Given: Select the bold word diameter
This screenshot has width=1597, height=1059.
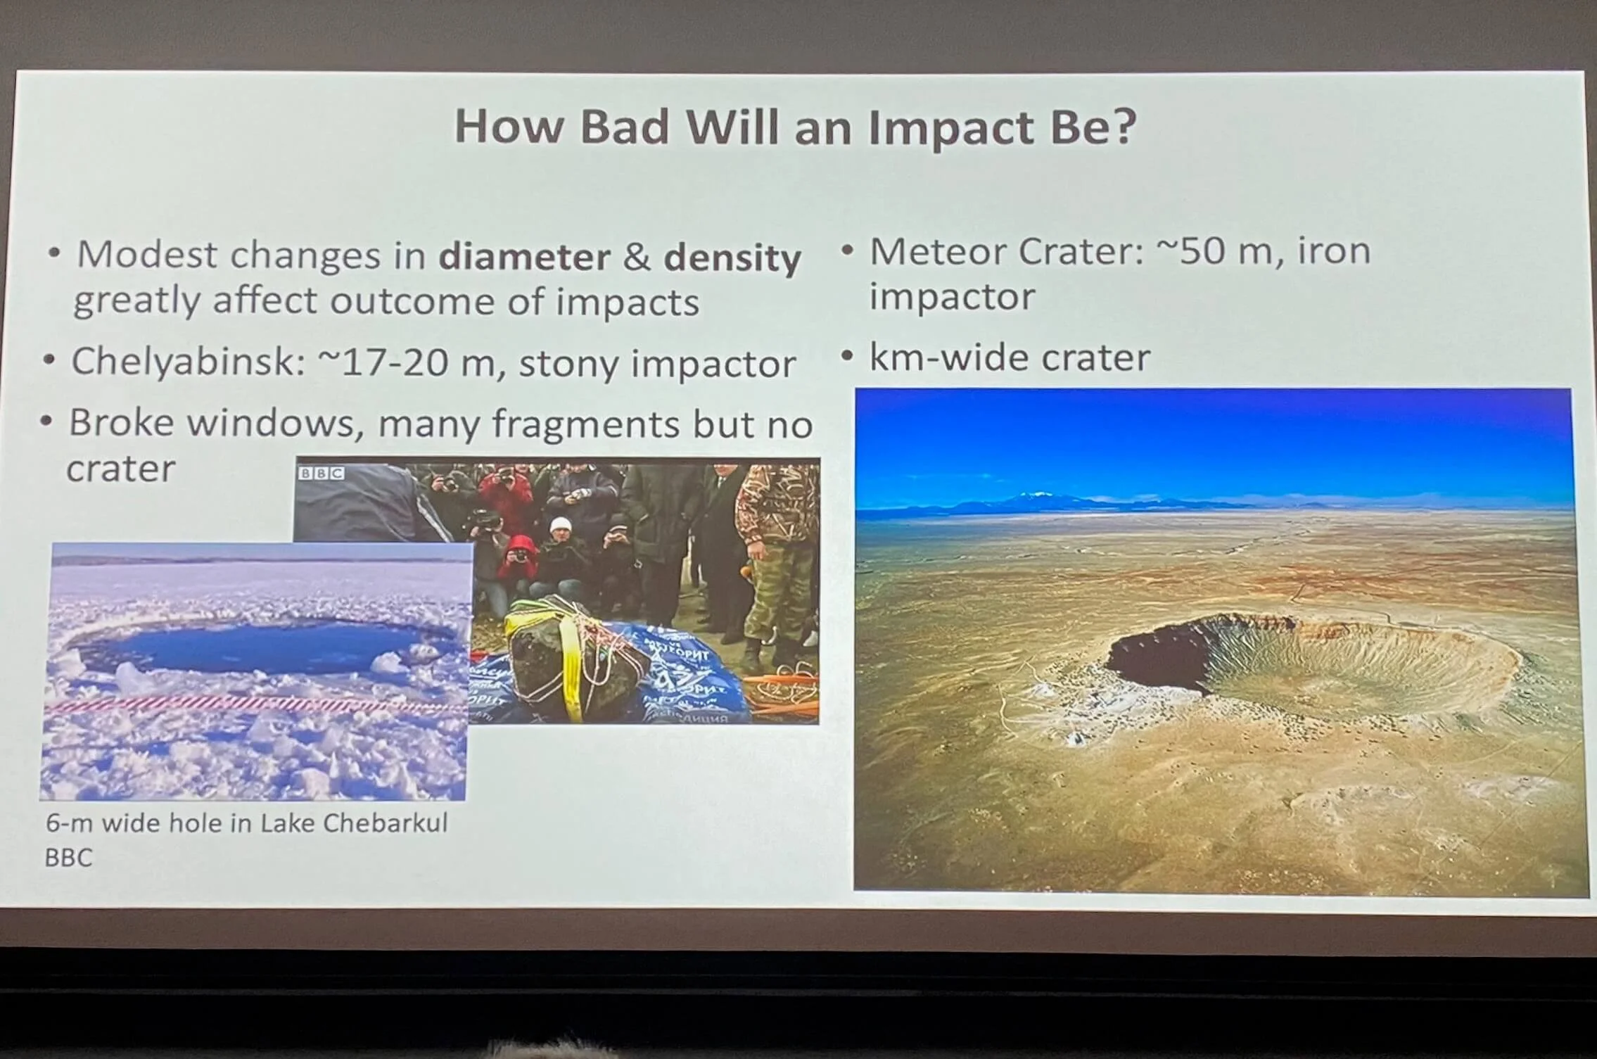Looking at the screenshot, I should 524,257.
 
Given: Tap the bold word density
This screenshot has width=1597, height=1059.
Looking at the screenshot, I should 732,258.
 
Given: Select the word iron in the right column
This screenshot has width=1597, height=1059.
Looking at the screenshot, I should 1333,251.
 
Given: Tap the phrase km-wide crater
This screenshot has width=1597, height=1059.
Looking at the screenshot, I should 1010,357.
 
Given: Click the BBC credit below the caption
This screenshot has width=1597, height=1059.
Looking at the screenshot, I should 68,858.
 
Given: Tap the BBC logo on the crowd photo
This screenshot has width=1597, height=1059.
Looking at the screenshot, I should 322,473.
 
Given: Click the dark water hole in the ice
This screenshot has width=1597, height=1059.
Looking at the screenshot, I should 246,648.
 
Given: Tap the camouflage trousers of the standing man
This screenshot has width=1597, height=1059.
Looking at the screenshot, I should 774,605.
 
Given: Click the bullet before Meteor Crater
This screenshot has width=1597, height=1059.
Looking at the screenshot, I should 848,251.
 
